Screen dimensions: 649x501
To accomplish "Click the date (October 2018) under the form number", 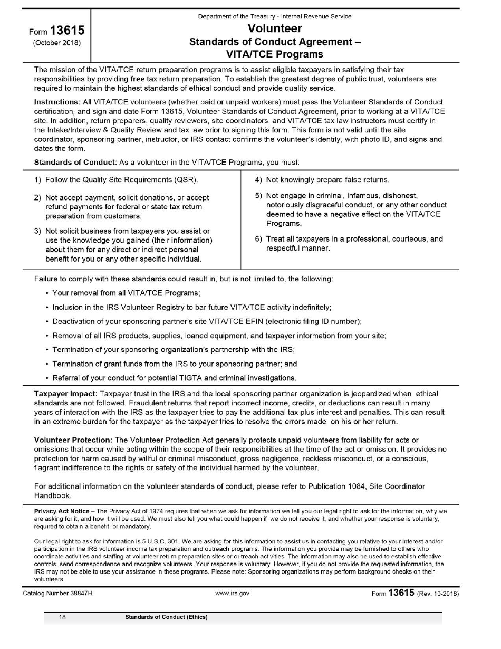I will (57, 43).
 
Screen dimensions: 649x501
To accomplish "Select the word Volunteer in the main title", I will (275, 28).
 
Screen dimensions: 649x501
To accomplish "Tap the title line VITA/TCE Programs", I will (275, 54).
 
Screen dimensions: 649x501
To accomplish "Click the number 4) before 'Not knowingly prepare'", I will (259, 180).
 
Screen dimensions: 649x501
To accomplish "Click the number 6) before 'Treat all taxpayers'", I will (259, 239).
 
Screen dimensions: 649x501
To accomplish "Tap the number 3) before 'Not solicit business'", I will (38, 231).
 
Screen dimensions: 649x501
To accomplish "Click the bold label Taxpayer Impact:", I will (66, 394).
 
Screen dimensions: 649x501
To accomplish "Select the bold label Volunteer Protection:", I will (73, 440).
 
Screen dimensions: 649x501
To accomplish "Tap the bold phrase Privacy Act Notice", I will (62, 511).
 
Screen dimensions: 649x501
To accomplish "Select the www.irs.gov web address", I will (233, 594).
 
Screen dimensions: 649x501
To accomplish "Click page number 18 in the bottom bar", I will (62, 617).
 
